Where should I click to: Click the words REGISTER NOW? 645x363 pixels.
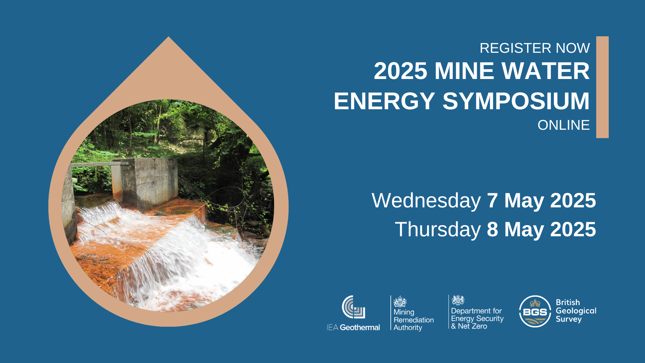[x=534, y=48]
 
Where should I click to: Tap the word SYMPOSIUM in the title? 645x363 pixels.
[x=516, y=101]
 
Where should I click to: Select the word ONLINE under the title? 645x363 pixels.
[x=563, y=125]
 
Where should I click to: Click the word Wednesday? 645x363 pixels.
[x=426, y=201]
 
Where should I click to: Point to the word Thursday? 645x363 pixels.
[x=438, y=230]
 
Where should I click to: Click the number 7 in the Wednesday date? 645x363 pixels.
[x=492, y=201]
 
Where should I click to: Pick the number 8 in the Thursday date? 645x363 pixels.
[x=492, y=230]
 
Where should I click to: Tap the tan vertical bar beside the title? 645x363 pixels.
[x=602, y=87]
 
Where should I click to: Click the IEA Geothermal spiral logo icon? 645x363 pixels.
[x=353, y=307]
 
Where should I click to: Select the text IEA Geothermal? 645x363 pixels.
[x=353, y=327]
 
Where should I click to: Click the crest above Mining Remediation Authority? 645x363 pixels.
[x=400, y=301]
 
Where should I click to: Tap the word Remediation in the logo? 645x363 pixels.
[x=414, y=320]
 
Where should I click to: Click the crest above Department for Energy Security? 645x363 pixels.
[x=458, y=300]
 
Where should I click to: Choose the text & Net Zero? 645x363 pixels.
[x=469, y=326]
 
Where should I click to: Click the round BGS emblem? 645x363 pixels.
[x=535, y=311]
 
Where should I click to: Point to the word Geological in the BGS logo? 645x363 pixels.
[x=576, y=311]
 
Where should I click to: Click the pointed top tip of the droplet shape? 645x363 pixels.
[x=169, y=39]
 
